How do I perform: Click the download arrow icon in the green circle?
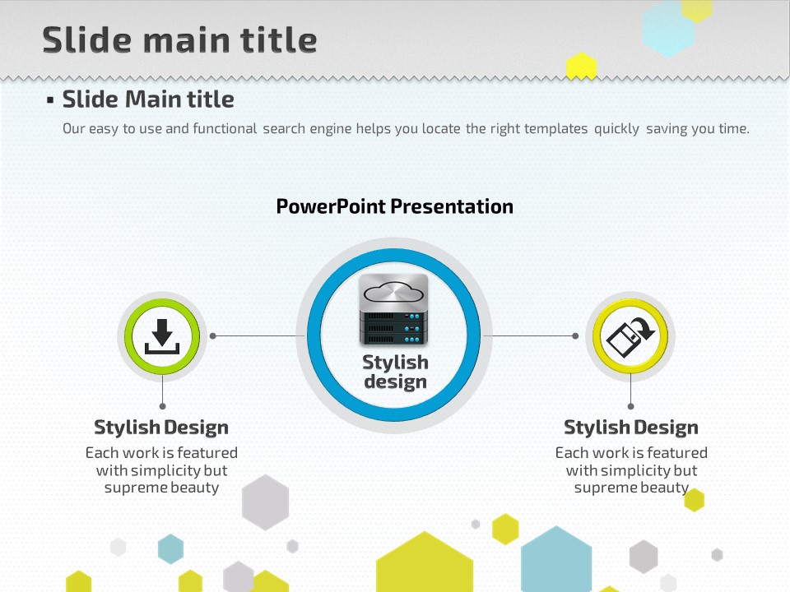coord(162,336)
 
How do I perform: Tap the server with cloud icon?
coord(393,310)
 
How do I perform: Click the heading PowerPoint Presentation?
coord(394,206)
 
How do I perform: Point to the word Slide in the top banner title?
coord(89,39)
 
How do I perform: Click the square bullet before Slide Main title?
coord(50,100)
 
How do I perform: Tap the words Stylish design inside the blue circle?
coord(396,372)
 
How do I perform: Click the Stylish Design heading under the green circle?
coord(161,428)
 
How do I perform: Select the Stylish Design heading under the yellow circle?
coord(631,428)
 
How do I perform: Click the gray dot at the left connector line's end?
coord(212,335)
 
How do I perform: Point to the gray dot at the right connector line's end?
coord(575,335)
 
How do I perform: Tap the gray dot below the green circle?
coord(162,406)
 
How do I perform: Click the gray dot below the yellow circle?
coord(631,406)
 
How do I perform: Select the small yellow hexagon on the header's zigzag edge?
coord(582,67)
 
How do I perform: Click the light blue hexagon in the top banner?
coord(668,30)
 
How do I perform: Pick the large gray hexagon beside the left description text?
coord(266,502)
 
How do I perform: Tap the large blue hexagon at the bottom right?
coord(556,559)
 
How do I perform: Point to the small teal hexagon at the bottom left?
coord(171,548)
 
